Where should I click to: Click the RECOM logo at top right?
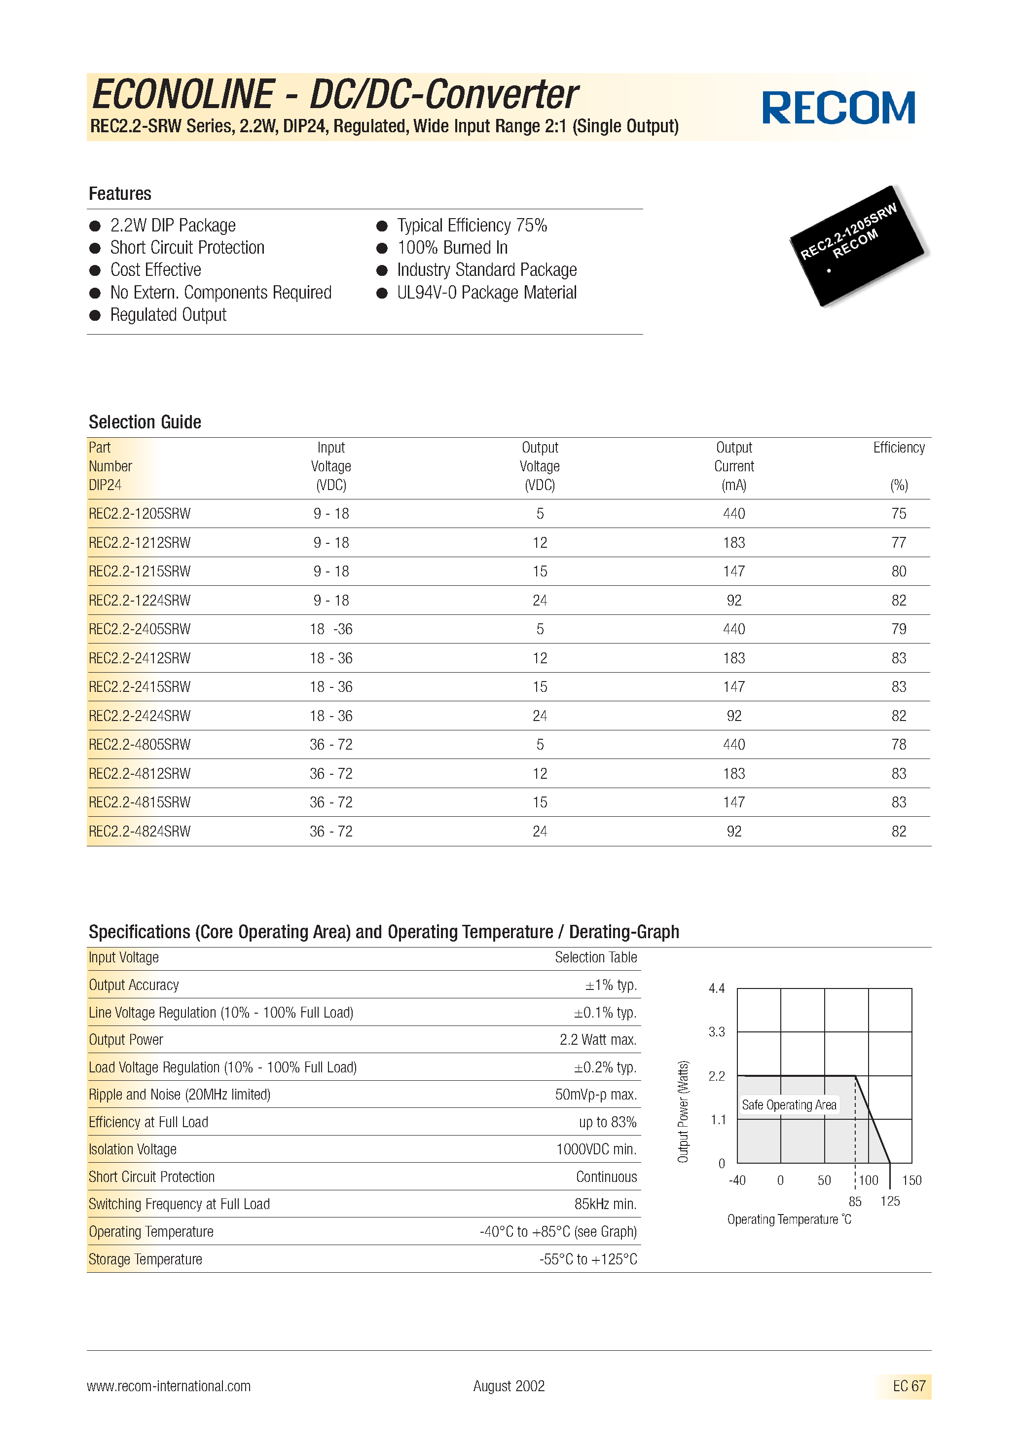838,108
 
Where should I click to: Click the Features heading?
120,193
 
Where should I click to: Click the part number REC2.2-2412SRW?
140,658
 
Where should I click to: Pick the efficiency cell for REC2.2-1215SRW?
898,571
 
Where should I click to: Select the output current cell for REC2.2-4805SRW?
734,745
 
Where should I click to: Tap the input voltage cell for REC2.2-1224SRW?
331,600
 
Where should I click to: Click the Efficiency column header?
898,448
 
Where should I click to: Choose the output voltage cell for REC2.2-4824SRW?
540,832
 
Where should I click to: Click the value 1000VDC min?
596,1149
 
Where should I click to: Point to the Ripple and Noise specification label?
179,1095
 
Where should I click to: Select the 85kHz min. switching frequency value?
605,1204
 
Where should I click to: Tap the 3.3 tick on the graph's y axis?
716,1032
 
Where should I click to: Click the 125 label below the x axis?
890,1201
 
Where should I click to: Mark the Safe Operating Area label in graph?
789,1105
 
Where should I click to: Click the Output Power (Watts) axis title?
683,1111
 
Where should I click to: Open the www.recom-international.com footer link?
168,1386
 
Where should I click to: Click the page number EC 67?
909,1386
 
